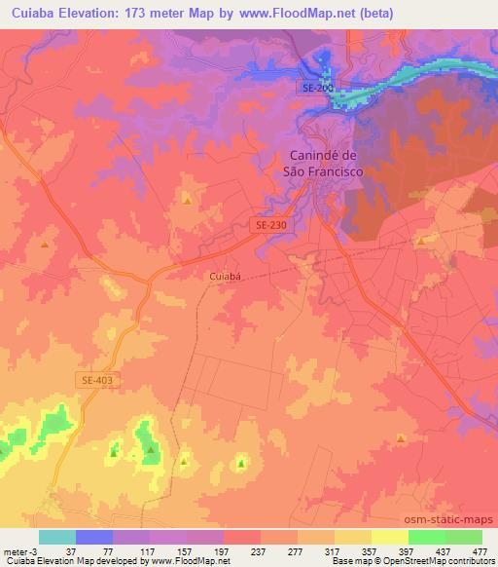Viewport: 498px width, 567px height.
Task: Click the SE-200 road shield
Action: pyautogui.click(x=316, y=89)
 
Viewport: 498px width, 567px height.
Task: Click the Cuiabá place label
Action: pyautogui.click(x=223, y=277)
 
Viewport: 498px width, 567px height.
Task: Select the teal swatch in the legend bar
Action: pyautogui.click(x=57, y=537)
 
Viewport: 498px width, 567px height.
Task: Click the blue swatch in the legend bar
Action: pyautogui.click(x=94, y=537)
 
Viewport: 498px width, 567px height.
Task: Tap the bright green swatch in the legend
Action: pyautogui.click(x=427, y=537)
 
